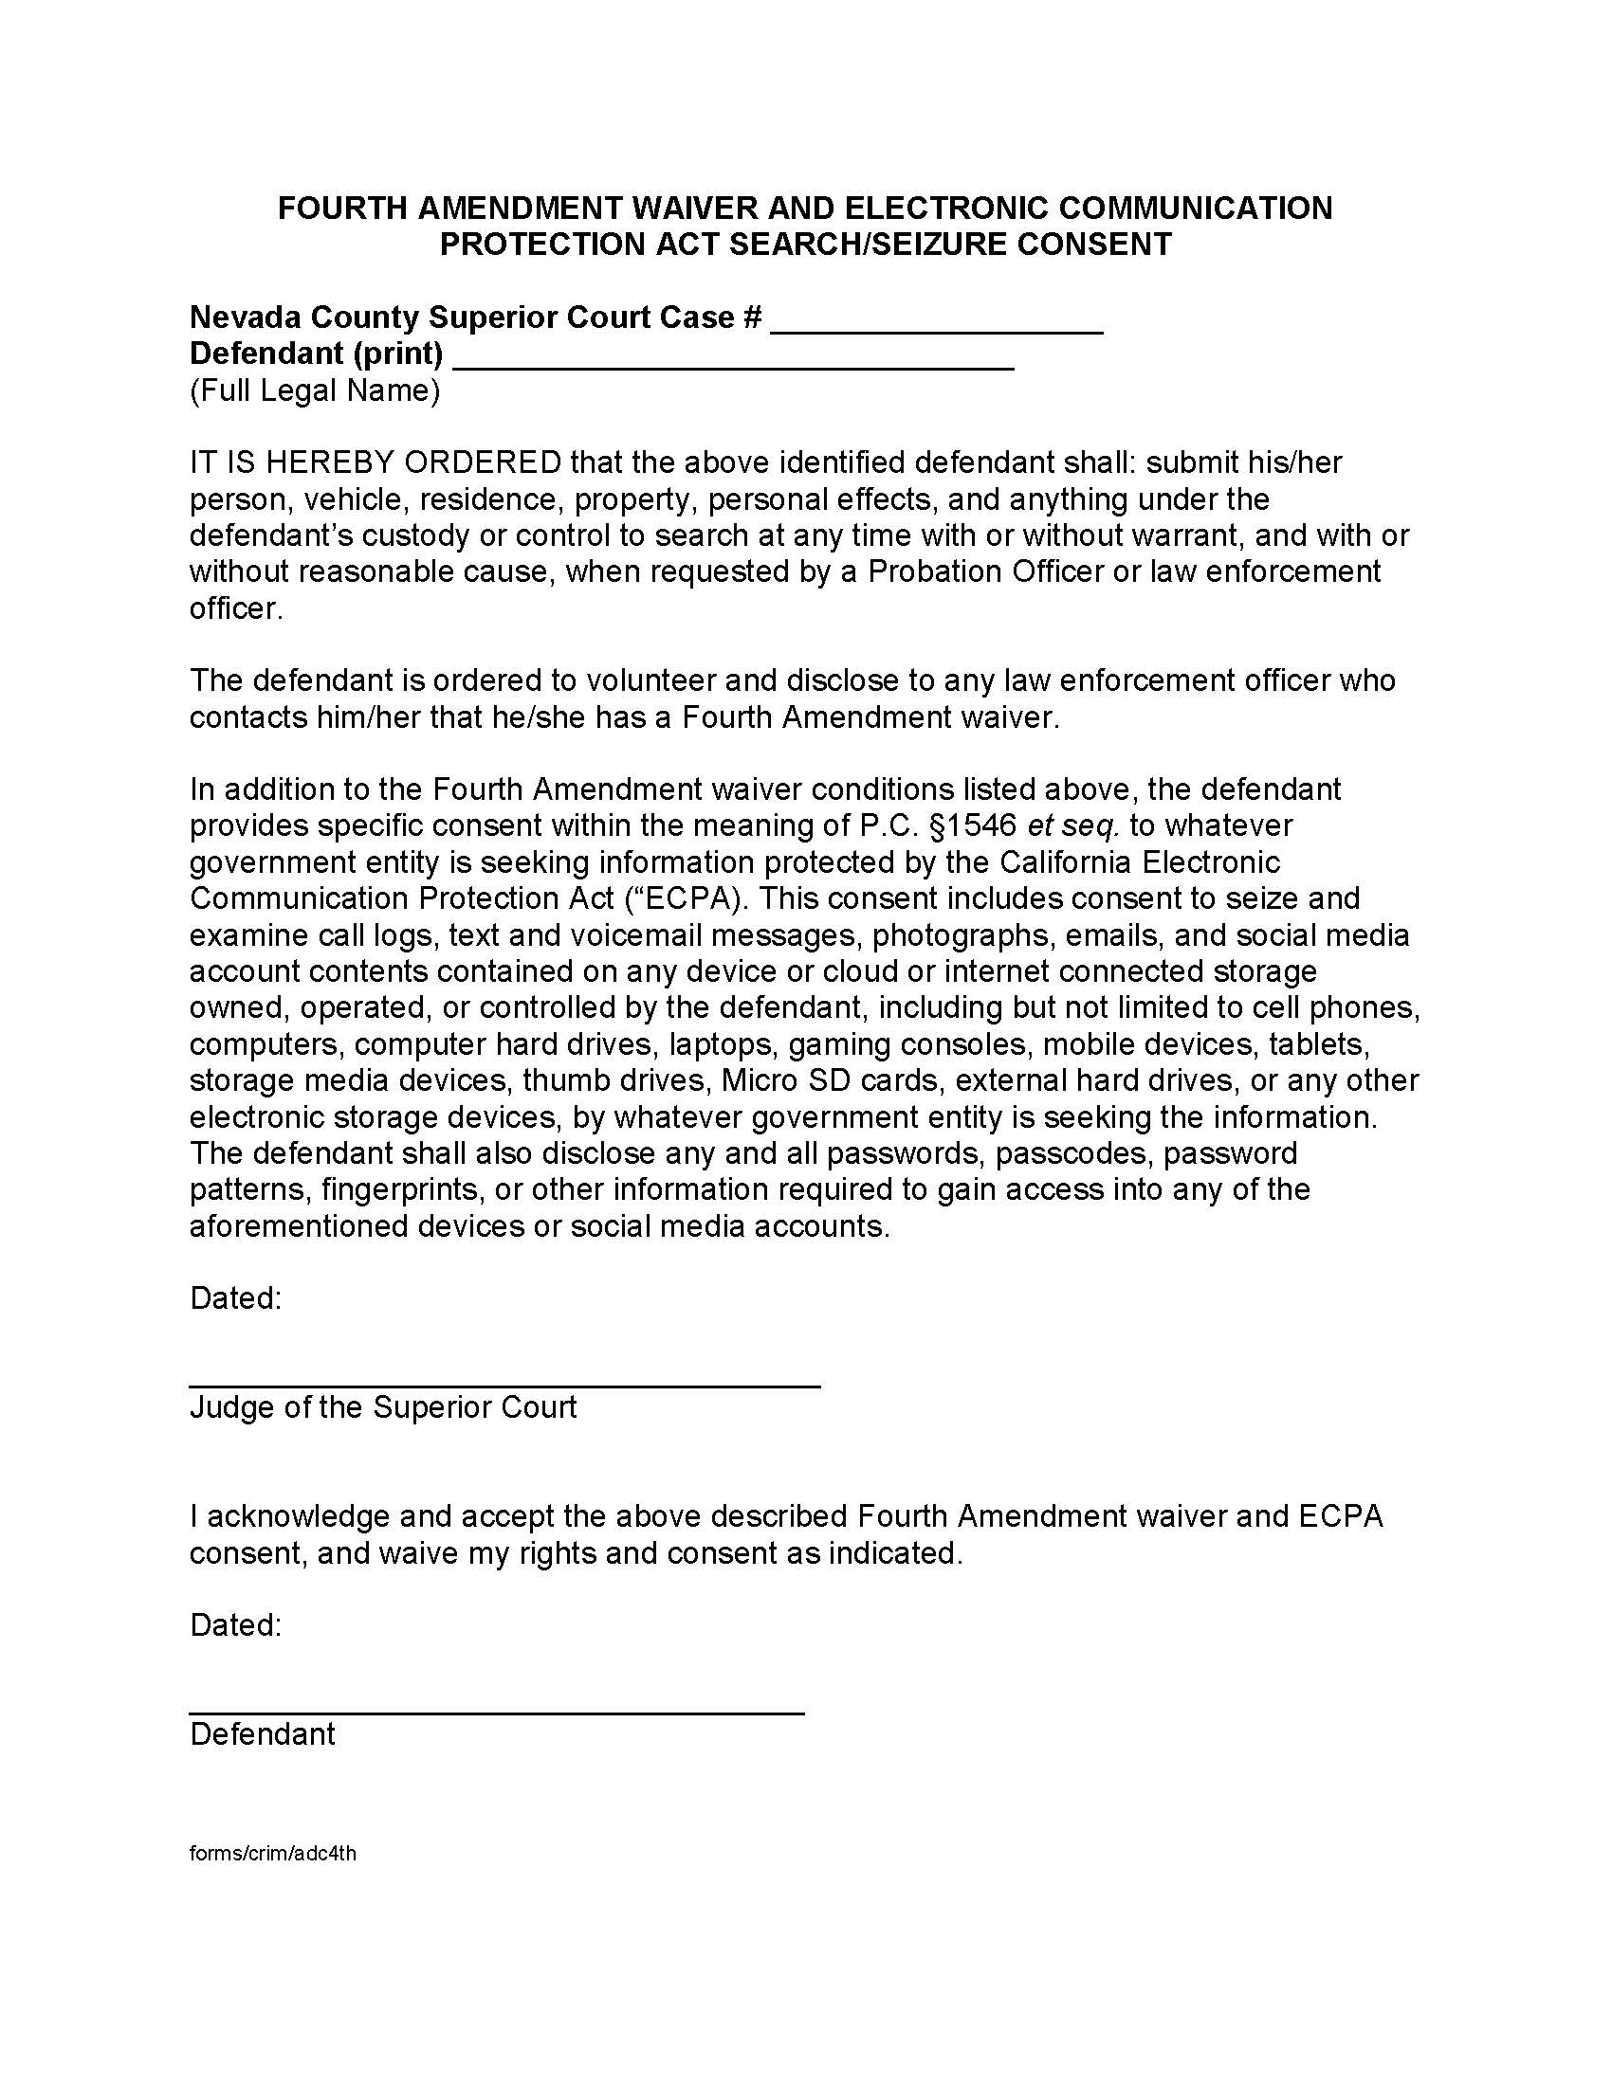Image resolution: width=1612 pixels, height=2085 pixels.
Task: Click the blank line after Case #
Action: click(x=936, y=324)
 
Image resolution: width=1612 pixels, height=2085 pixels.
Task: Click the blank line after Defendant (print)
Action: click(x=732, y=361)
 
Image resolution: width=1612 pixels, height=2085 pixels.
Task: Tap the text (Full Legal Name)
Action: click(x=314, y=390)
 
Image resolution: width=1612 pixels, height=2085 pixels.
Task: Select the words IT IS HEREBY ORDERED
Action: click(x=376, y=463)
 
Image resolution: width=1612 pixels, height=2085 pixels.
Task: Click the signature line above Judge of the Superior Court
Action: click(x=504, y=1384)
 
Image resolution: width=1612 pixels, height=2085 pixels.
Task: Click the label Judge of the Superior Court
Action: click(x=383, y=1407)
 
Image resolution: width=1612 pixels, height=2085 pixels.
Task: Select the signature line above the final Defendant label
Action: click(x=497, y=1710)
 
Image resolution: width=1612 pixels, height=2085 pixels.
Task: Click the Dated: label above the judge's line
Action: click(x=235, y=1298)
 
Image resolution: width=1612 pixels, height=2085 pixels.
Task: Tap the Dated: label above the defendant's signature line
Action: click(x=235, y=1624)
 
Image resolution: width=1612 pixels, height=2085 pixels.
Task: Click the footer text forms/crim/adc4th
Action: click(x=272, y=1854)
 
